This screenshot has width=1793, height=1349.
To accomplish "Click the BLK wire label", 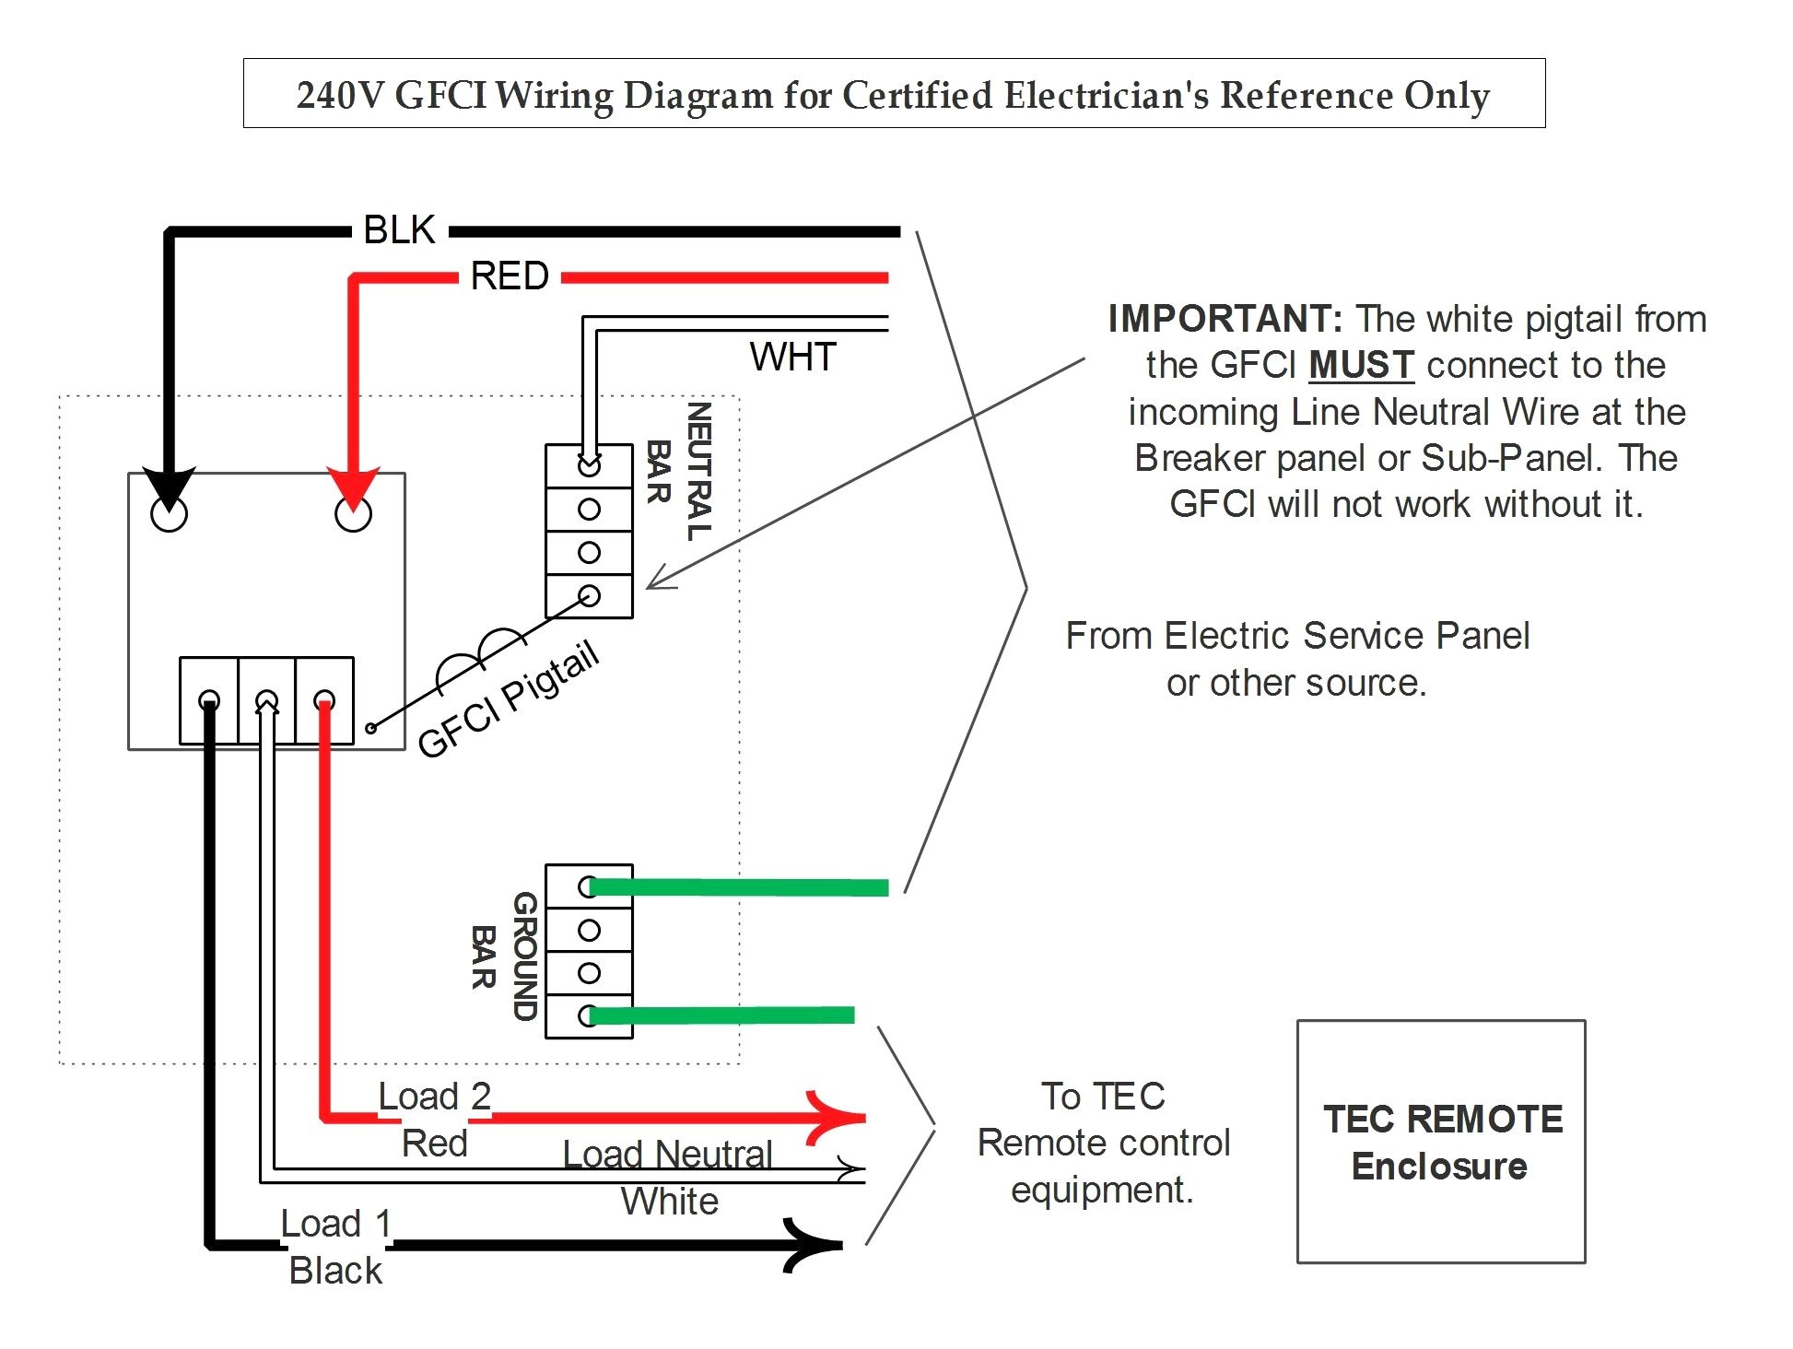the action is click(x=399, y=230).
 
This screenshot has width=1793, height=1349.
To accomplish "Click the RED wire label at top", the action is click(x=510, y=276).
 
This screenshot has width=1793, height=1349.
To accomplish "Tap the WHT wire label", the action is click(x=792, y=357).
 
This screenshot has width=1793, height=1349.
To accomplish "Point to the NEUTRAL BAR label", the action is click(x=678, y=472).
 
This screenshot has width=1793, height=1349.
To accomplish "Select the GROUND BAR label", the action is click(x=504, y=956).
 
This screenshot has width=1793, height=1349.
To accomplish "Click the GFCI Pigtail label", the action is click(x=509, y=698).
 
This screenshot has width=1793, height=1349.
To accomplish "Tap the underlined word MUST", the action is click(x=1361, y=365).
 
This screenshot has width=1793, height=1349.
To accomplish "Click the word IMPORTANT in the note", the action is click(x=1225, y=319).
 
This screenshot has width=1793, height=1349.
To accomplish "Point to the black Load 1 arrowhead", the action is click(x=813, y=1246).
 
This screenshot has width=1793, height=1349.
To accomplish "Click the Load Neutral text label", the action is click(x=667, y=1154).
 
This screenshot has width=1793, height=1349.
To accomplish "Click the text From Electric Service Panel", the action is click(x=1297, y=636).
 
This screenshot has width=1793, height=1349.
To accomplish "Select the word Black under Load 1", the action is click(x=335, y=1271).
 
